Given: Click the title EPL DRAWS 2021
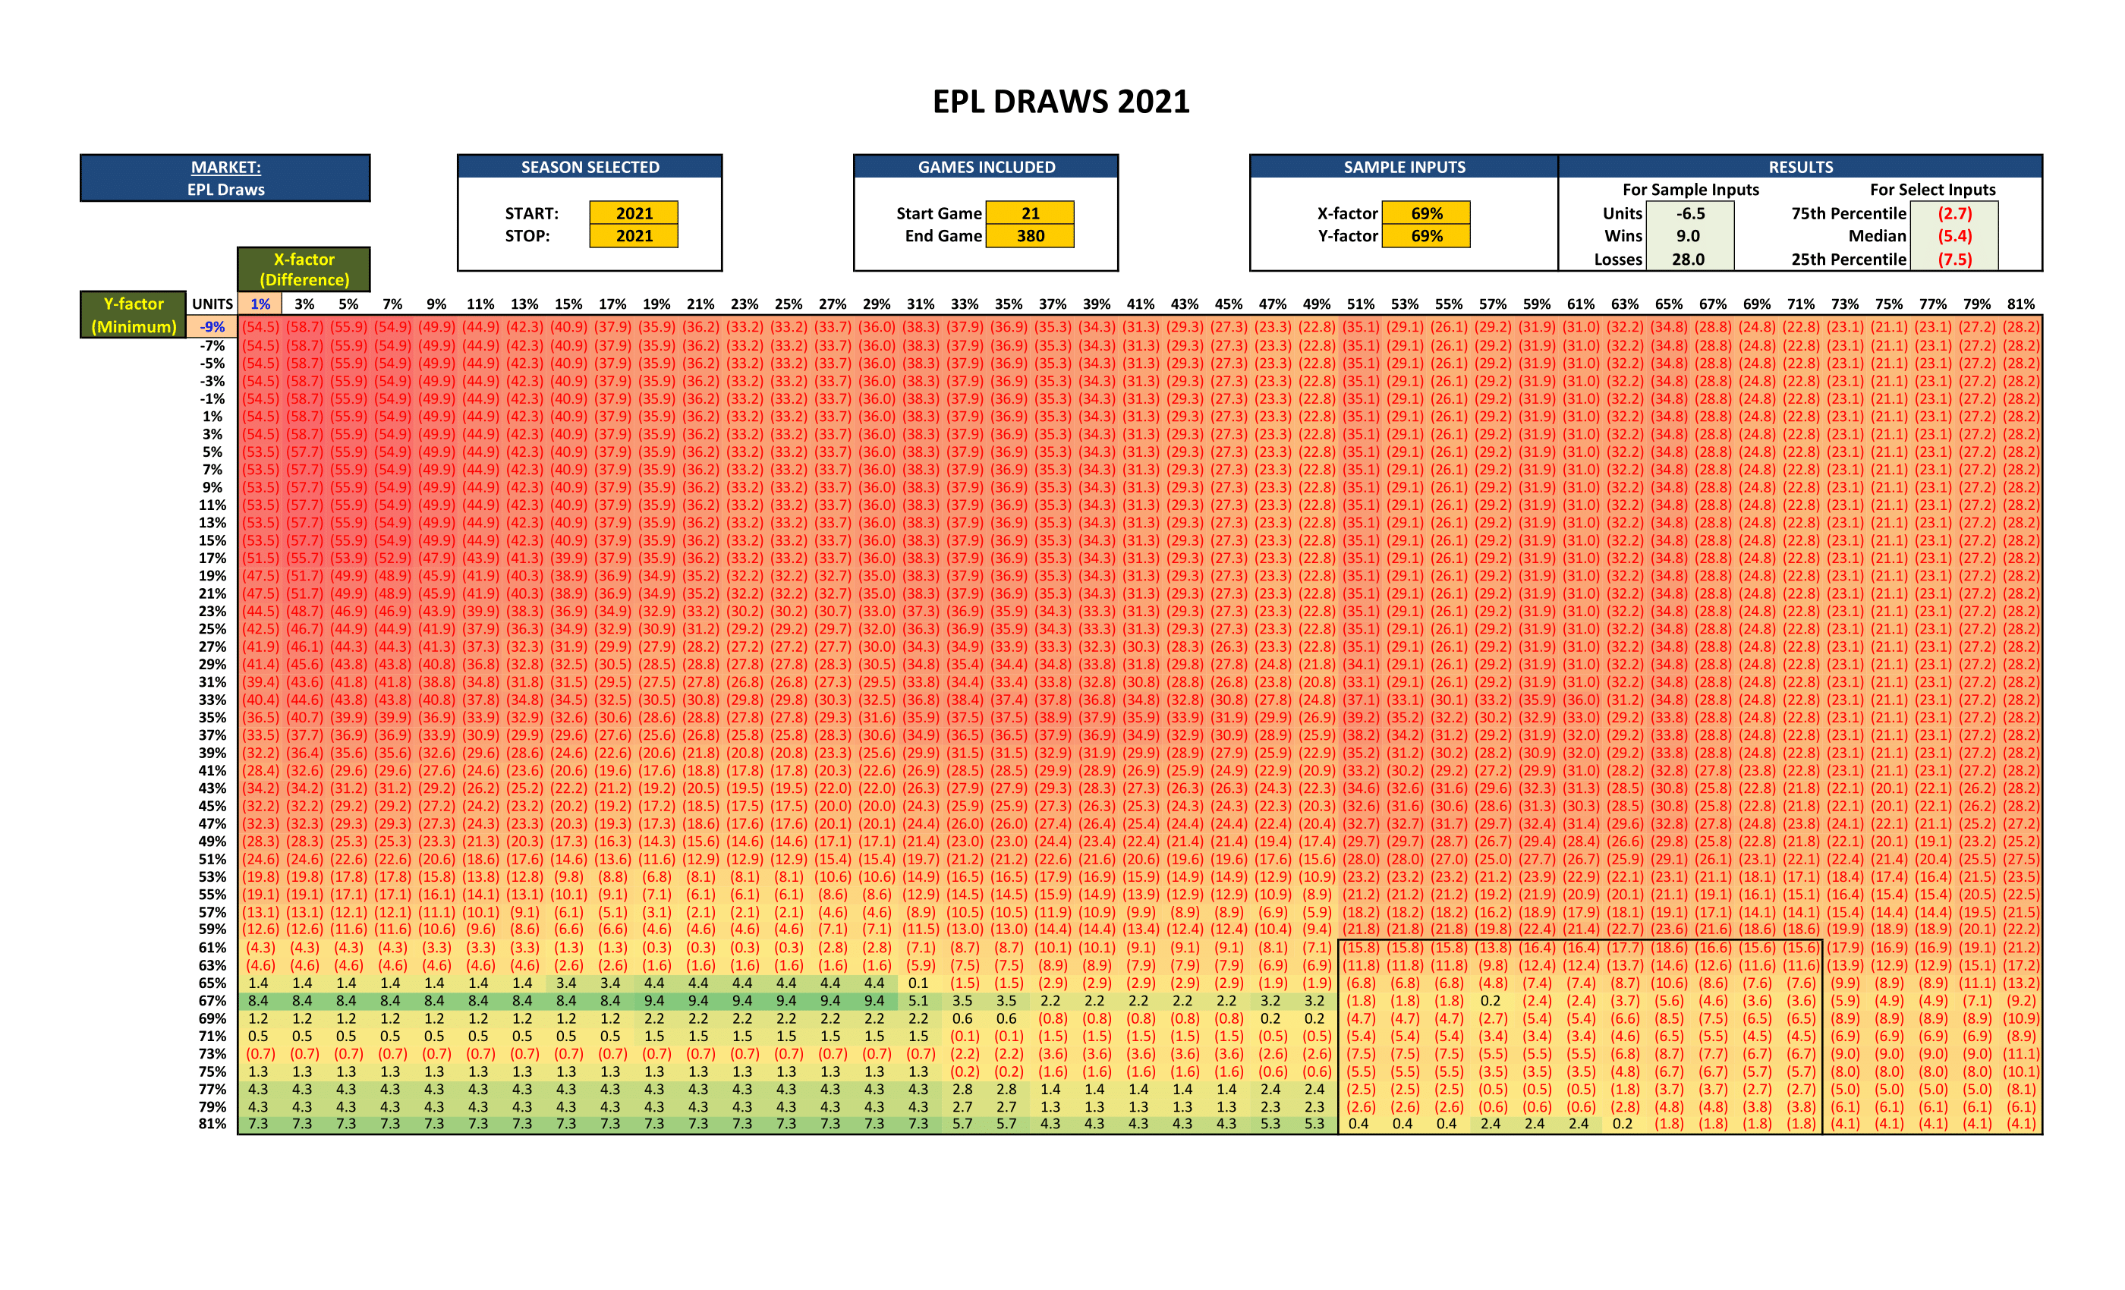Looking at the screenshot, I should coord(1061,102).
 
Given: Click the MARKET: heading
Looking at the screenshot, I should coord(226,167).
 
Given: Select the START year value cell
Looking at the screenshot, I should coord(634,213).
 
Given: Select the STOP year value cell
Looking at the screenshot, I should coord(634,235).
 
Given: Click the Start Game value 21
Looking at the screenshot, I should coord(1030,213).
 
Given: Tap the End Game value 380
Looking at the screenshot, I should coord(1030,235).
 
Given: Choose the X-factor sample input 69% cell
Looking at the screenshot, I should coord(1427,213).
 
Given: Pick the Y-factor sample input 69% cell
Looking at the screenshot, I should coord(1427,235).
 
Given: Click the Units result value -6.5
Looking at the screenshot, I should coord(1689,213).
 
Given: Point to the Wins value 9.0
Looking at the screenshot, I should coord(1688,235).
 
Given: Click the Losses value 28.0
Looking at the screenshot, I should coord(1688,259).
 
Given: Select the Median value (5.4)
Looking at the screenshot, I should coord(1954,235).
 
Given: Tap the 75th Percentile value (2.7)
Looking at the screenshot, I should coord(1954,213).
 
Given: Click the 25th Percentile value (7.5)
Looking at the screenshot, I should coord(1954,259).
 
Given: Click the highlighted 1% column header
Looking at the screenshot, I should coord(260,304).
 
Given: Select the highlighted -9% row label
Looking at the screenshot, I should coord(212,327).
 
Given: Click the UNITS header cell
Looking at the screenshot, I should coord(212,304).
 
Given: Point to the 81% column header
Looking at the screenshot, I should coord(2020,304).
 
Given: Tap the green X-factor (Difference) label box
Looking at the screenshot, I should coord(304,269).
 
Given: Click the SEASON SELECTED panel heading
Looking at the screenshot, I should coord(590,167).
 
